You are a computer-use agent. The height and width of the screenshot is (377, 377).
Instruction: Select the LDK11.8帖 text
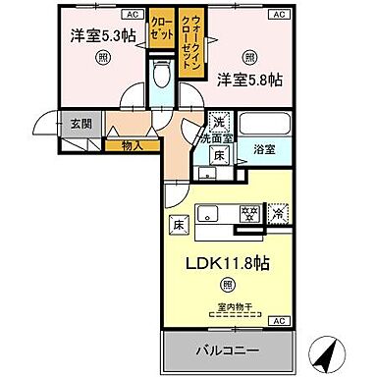pyautogui.click(x=227, y=262)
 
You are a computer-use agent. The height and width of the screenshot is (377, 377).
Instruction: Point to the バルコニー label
pyautogui.click(x=226, y=349)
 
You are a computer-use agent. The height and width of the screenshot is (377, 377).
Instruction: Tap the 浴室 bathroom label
pyautogui.click(x=263, y=150)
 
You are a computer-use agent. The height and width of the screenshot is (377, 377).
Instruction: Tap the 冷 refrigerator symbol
pyautogui.click(x=279, y=211)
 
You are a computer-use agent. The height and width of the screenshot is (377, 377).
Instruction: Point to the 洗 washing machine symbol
pyautogui.click(x=220, y=122)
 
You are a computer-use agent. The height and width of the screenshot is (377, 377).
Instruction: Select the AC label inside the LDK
pyautogui.click(x=277, y=321)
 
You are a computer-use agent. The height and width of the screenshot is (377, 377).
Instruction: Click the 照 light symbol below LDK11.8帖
pyautogui.click(x=227, y=285)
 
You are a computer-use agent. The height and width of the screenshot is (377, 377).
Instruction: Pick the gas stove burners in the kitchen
pyautogui.click(x=250, y=212)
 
